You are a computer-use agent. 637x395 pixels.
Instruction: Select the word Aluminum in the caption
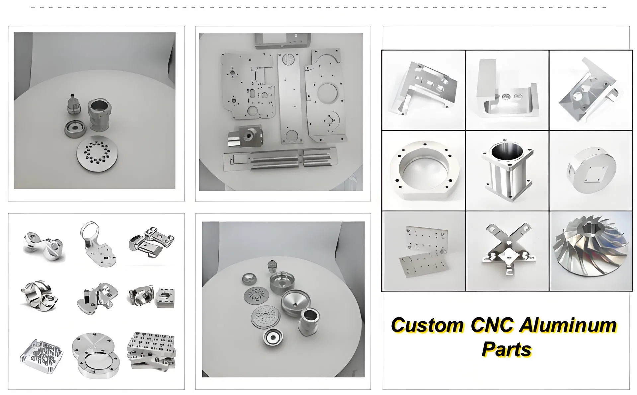coord(568,325)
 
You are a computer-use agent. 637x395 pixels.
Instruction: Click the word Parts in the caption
coord(507,349)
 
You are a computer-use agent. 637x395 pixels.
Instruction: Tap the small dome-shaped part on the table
coord(247,279)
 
